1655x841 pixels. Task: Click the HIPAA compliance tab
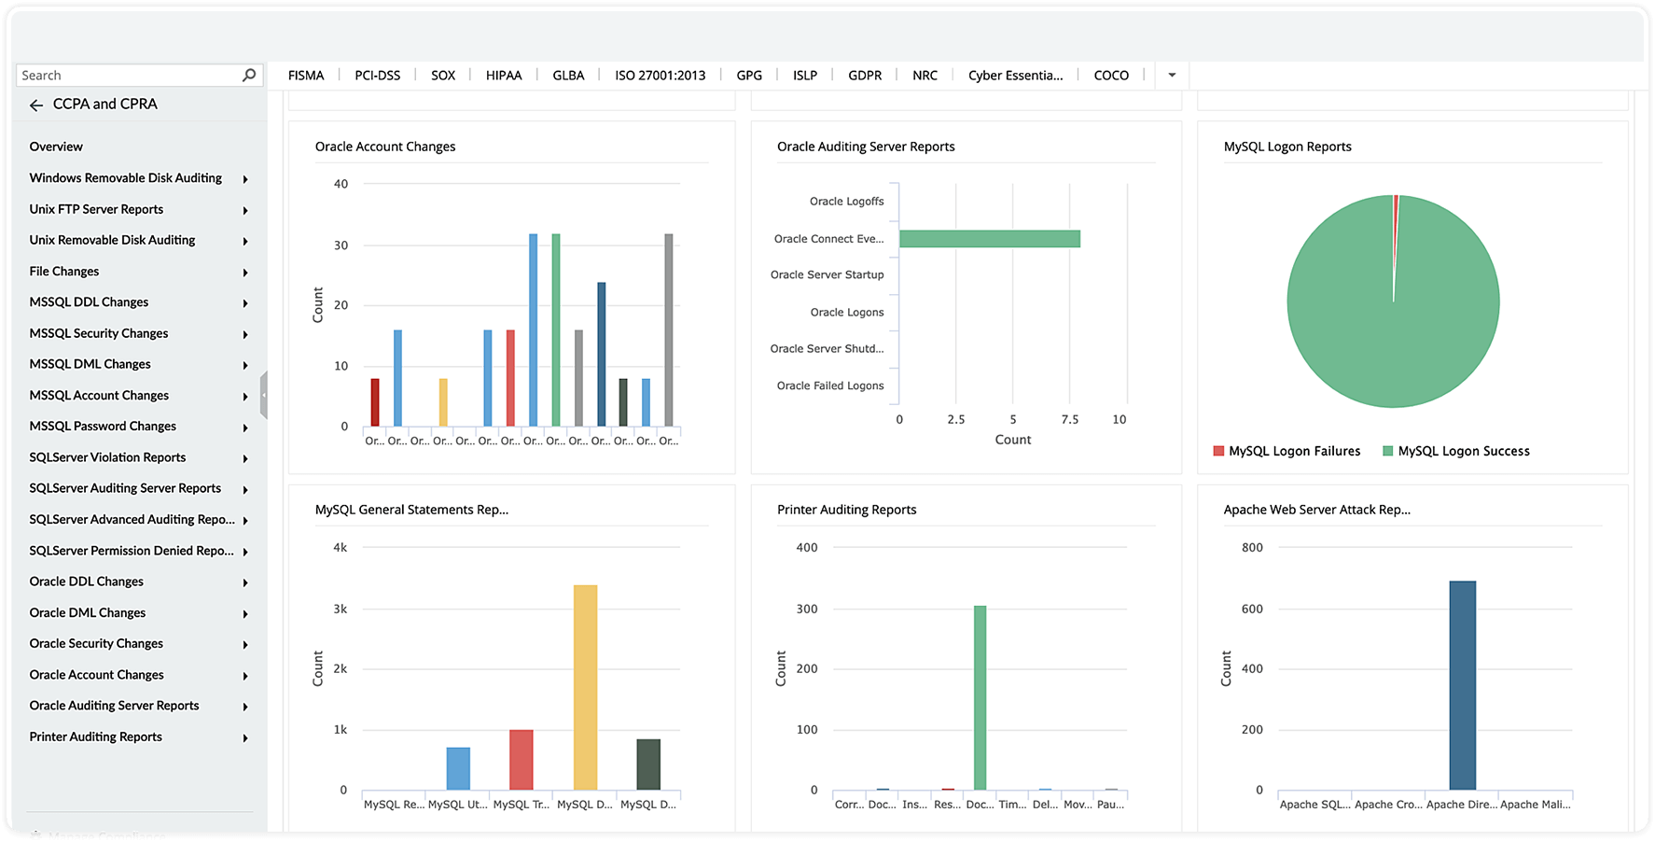[x=503, y=76]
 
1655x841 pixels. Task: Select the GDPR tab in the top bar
[x=864, y=76]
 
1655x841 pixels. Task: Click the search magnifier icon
[x=249, y=75]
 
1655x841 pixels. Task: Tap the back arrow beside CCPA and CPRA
[x=36, y=105]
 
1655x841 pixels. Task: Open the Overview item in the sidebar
[x=56, y=147]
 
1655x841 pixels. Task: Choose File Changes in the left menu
[x=64, y=272]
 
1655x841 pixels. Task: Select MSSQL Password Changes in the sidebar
[x=103, y=427]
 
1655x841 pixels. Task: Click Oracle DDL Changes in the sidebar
[x=87, y=582]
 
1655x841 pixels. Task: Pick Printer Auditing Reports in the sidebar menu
[x=96, y=737]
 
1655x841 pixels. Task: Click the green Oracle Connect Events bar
[x=989, y=239]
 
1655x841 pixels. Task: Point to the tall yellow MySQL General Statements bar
[x=585, y=687]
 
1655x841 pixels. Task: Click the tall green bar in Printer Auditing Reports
[x=980, y=697]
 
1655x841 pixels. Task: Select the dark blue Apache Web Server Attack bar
[x=1462, y=685]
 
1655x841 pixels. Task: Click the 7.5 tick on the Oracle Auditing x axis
[x=1069, y=420]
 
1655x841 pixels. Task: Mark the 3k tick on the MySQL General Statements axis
[x=341, y=610]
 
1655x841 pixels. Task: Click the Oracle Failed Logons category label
[x=830, y=385]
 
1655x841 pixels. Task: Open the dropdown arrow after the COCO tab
[x=1172, y=76]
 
